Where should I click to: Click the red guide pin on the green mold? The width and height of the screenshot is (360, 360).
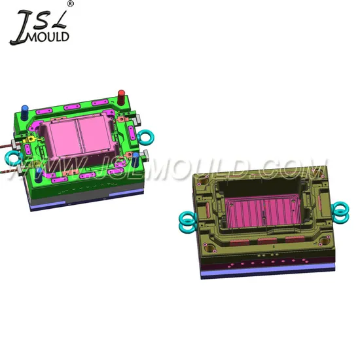121,97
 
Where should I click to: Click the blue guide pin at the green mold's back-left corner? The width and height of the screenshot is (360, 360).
25,112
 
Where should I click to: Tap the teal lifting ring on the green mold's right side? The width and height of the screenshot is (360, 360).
146,137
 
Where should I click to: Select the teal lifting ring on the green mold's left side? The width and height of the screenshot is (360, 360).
12,158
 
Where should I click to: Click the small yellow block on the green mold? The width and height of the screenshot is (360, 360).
30,139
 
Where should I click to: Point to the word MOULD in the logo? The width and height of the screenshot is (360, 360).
48,36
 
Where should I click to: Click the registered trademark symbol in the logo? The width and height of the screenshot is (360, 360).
71,4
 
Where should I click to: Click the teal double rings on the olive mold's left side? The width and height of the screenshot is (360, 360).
188,222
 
